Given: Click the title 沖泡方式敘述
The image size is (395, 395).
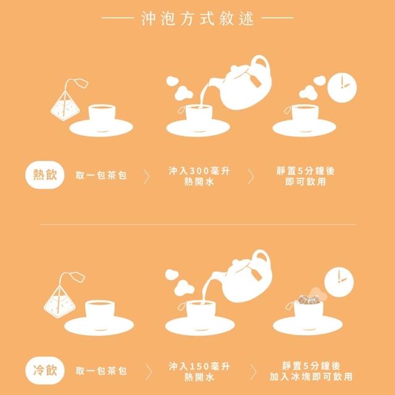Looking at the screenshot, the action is click(197, 18).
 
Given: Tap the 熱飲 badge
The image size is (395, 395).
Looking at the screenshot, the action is click(45, 175).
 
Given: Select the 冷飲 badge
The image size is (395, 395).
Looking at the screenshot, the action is click(45, 370).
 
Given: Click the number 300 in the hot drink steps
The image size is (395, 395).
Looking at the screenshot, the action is click(199, 171).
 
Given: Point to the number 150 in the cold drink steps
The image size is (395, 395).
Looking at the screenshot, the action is click(199, 366).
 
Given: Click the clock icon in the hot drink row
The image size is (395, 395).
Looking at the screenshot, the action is click(342, 88).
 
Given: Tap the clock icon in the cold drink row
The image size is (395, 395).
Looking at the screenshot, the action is click(339, 282).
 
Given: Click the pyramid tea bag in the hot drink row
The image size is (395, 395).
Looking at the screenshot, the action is click(65, 106).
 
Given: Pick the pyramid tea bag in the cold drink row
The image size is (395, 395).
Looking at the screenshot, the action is click(59, 302).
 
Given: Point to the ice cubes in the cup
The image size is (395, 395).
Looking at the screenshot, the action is click(309, 299).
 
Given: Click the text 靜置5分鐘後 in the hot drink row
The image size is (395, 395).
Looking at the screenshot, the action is click(306, 171).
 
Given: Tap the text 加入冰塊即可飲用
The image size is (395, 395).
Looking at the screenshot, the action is click(311, 377).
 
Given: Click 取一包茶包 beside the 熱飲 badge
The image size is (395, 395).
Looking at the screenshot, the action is click(101, 175).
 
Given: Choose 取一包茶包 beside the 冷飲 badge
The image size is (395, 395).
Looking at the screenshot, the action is click(101, 371).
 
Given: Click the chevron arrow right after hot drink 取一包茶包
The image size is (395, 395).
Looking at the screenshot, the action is click(147, 177).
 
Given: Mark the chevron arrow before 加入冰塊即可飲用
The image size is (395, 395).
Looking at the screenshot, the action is click(253, 372).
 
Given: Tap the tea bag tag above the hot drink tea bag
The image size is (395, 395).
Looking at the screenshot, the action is click(82, 83).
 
